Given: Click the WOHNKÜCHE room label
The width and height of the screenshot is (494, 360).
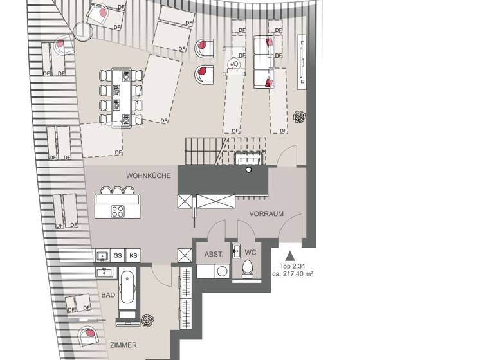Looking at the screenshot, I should click(x=149, y=175).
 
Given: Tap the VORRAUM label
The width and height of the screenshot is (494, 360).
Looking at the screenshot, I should click(x=266, y=214).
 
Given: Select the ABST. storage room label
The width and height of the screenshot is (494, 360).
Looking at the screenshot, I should click(x=214, y=254).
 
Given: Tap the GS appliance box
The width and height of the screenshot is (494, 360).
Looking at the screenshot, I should click(x=118, y=256).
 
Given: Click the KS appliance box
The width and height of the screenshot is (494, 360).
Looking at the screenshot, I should click(x=134, y=256).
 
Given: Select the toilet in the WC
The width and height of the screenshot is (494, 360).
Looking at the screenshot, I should click(x=247, y=269).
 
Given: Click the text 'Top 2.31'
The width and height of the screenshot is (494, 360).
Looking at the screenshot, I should click(x=291, y=265).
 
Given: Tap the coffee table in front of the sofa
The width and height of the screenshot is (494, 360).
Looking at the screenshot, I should click(x=235, y=62).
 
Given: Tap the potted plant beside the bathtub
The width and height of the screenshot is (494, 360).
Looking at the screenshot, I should click(x=149, y=319).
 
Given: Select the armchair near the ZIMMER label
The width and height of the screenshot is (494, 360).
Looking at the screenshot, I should click(x=86, y=336).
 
